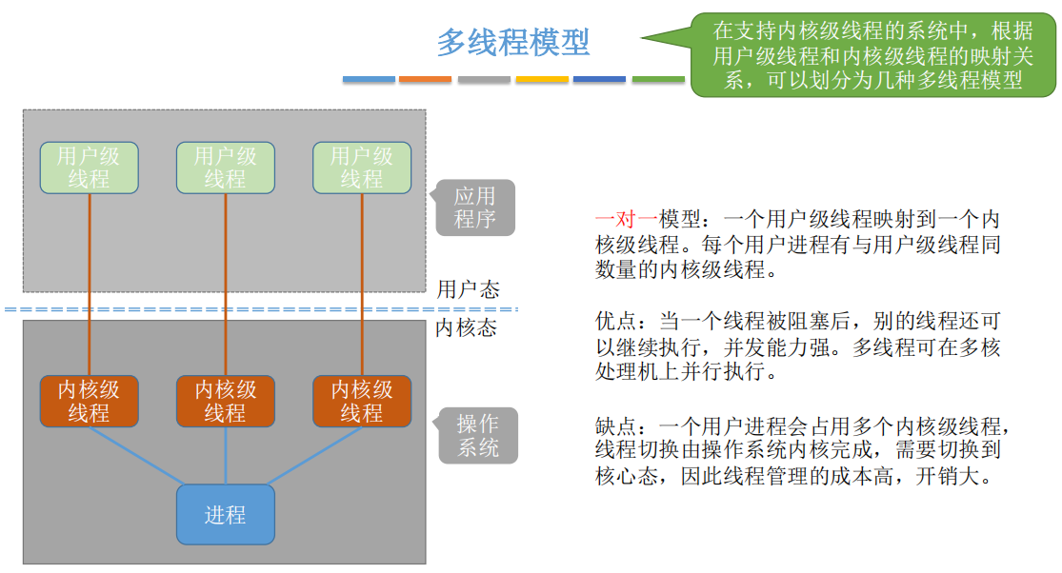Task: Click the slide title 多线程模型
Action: pyautogui.click(x=513, y=42)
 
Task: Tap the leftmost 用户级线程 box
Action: pyautogui.click(x=89, y=168)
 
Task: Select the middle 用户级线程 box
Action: pyautogui.click(x=226, y=168)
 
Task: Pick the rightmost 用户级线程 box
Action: pyautogui.click(x=362, y=168)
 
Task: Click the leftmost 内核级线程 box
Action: pyautogui.click(x=89, y=401)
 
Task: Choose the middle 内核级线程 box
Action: pyautogui.click(x=226, y=401)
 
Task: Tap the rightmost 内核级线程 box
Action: pyautogui.click(x=362, y=401)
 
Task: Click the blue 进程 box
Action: pyautogui.click(x=226, y=515)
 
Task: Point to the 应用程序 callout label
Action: pyautogui.click(x=475, y=207)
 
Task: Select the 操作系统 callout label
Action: pyautogui.click(x=478, y=436)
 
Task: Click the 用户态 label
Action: pyautogui.click(x=468, y=288)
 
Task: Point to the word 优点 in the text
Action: pyautogui.click(x=614, y=322)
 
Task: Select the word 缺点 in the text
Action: pyautogui.click(x=614, y=425)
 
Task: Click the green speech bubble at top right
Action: pyautogui.click(x=872, y=54)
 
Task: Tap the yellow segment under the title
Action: pyautogui.click(x=542, y=79)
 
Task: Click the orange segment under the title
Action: pyautogui.click(x=426, y=79)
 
